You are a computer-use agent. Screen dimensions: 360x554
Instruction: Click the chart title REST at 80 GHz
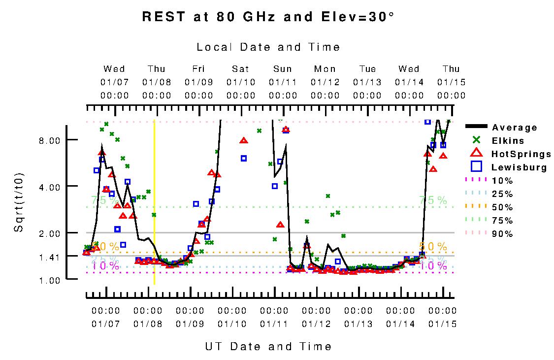click(x=268, y=17)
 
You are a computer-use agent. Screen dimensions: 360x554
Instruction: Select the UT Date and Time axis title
click(x=268, y=346)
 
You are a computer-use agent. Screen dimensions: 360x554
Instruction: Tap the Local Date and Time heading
click(x=268, y=47)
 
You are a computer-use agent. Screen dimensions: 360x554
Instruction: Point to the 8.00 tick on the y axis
click(x=49, y=140)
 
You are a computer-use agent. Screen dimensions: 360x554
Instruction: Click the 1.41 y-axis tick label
click(x=49, y=257)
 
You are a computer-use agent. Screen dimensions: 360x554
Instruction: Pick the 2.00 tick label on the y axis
click(x=49, y=233)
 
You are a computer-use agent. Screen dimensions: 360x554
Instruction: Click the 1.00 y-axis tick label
click(x=49, y=280)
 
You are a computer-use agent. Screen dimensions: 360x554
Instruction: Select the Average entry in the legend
click(x=514, y=128)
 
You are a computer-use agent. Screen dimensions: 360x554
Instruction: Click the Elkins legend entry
click(x=508, y=141)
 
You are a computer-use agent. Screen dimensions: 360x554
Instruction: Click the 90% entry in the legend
click(x=502, y=234)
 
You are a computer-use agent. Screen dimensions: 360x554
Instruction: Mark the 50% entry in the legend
click(x=502, y=207)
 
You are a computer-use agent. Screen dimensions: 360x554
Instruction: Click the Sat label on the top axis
click(x=241, y=69)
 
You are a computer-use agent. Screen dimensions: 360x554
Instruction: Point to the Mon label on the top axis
click(x=325, y=69)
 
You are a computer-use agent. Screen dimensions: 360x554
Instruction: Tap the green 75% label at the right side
click(x=433, y=200)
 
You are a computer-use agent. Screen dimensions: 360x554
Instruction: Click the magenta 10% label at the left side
click(x=105, y=266)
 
